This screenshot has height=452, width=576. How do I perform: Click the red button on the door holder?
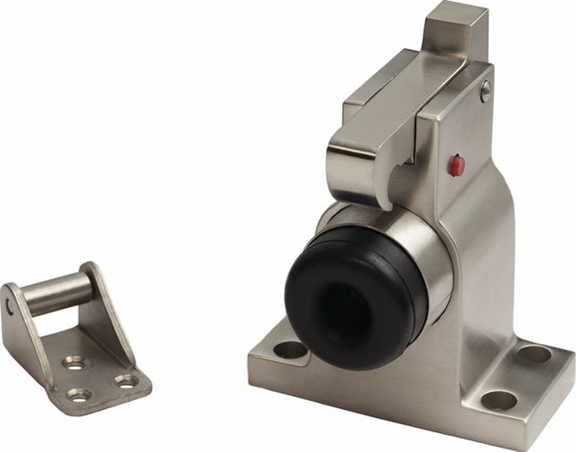click(x=456, y=165)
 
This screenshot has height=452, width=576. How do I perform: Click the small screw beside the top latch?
click(x=485, y=89)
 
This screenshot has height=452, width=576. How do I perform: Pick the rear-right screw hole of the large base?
click(x=534, y=354)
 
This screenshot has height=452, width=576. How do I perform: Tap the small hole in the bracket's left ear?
click(x=10, y=306)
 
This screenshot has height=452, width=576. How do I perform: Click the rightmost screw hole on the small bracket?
click(x=126, y=381)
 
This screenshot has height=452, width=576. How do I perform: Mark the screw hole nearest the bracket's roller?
click(x=73, y=363)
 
